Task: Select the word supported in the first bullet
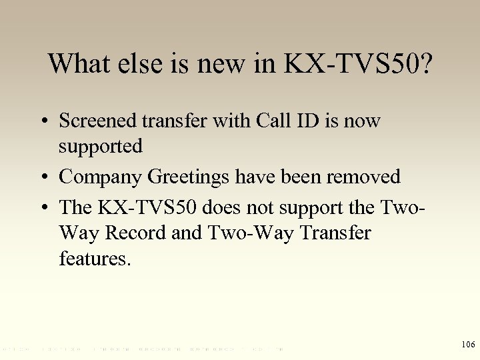point(101,147)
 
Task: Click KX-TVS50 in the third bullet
point(147,207)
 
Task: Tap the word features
point(95,258)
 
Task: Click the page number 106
point(468,344)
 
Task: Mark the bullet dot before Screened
point(43,122)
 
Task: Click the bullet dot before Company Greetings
point(43,178)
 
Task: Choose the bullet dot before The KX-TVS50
point(43,208)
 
